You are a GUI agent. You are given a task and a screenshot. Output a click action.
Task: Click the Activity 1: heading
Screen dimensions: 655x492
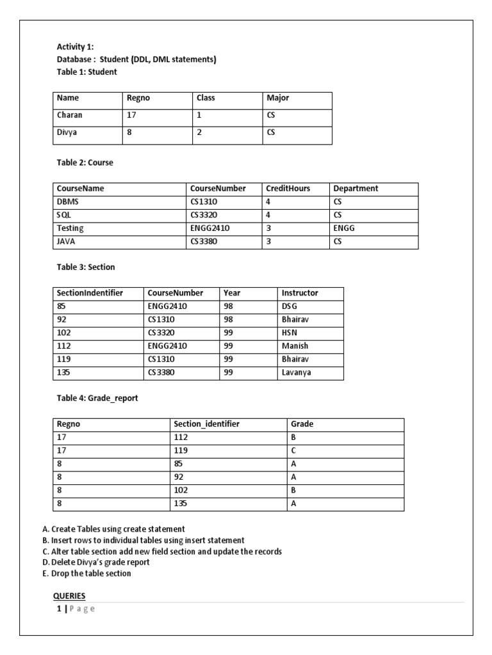coord(75,47)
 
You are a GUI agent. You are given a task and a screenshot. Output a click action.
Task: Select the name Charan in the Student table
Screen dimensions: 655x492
coord(70,116)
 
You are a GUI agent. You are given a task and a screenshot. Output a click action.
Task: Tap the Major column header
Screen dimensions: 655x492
coord(278,99)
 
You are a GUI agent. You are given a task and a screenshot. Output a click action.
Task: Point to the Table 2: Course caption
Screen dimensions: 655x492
coord(85,163)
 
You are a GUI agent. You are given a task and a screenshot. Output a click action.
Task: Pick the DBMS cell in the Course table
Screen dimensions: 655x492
coord(67,201)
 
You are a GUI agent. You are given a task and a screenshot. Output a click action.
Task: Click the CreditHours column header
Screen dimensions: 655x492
coord(288,189)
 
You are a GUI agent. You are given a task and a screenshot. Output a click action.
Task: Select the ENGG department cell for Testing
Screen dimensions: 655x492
coord(344,228)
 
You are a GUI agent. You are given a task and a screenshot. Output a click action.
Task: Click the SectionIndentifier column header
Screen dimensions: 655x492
coord(90,293)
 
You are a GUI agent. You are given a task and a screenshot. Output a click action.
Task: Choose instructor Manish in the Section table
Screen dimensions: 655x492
coord(295,346)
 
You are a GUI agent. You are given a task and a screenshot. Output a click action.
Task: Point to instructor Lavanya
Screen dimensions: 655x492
coord(297,373)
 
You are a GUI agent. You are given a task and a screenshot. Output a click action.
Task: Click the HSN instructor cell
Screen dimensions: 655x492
coord(290,333)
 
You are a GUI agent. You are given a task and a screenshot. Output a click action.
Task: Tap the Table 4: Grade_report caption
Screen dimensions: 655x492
coord(97,399)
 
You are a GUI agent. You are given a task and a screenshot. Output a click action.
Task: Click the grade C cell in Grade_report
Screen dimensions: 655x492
coord(293,451)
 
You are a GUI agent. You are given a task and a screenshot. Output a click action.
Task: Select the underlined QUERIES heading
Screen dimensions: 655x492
coord(69,596)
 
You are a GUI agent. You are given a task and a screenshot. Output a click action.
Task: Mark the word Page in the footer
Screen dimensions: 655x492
coord(81,609)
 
